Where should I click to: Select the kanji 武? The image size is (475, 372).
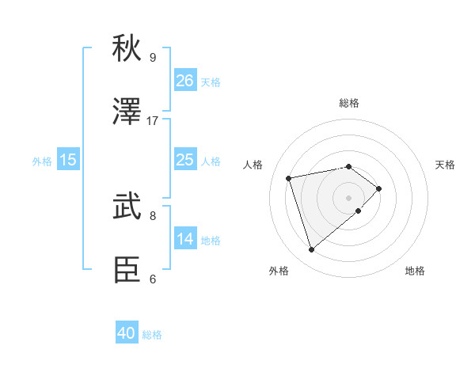(127, 207)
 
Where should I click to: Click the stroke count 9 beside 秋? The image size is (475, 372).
(153, 57)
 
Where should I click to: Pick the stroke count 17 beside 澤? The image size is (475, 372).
(153, 121)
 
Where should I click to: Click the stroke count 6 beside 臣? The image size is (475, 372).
(153, 279)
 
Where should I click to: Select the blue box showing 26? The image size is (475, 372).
(184, 81)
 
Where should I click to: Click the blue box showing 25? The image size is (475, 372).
(184, 160)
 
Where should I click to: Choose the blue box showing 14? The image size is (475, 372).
(184, 239)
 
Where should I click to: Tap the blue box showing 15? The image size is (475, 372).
(68, 160)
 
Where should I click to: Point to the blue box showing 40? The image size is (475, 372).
(127, 333)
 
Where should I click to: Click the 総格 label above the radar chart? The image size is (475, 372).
(349, 103)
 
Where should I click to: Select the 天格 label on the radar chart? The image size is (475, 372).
(445, 165)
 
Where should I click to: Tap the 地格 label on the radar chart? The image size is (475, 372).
(415, 271)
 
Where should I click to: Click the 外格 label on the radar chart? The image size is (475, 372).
(279, 271)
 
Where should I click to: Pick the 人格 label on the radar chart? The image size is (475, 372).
(253, 165)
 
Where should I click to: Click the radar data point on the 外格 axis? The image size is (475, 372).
(311, 249)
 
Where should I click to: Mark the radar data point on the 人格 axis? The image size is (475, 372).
(289, 177)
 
